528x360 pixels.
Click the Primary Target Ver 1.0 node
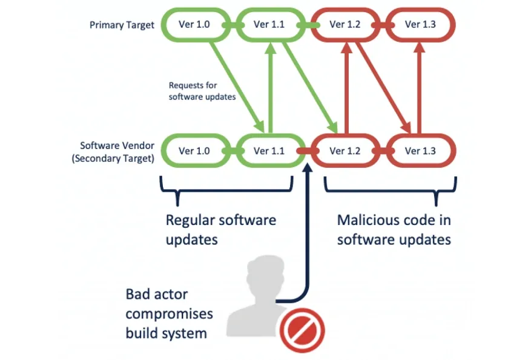tap(194, 25)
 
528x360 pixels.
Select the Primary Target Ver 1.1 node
tap(269, 25)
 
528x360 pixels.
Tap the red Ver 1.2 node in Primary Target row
tap(345, 25)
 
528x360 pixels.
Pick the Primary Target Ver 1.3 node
tap(420, 25)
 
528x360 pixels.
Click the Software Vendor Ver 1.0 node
tap(194, 151)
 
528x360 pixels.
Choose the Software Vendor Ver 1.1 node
tap(269, 151)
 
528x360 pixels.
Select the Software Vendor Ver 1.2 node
tap(345, 151)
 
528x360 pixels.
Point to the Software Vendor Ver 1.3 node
tap(420, 151)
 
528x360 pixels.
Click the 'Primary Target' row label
tap(122, 25)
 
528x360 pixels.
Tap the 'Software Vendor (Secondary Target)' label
tap(116, 152)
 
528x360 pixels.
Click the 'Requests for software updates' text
tap(202, 91)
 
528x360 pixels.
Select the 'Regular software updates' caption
tap(220, 229)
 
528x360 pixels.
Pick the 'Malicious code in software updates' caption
tap(394, 229)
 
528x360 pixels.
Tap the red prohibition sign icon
tap(302, 330)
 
